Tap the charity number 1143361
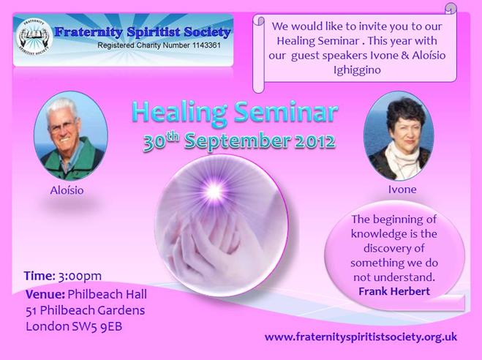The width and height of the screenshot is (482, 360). (x=206, y=45)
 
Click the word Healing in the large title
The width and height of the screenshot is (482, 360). (x=180, y=113)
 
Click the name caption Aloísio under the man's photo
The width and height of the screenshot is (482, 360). (x=67, y=190)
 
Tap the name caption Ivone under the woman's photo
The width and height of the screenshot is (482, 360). (x=402, y=190)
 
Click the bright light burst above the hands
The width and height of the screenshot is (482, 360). (x=214, y=191)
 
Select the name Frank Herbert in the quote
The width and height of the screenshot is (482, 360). (x=394, y=291)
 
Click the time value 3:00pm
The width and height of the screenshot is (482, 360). (x=80, y=276)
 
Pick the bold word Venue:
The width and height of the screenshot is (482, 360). (x=45, y=294)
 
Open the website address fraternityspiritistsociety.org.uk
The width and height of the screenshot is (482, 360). (x=361, y=337)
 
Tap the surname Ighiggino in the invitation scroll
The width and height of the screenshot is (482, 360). (x=357, y=70)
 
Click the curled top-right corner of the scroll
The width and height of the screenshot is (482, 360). (x=451, y=8)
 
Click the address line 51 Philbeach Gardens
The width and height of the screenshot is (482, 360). (x=85, y=310)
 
